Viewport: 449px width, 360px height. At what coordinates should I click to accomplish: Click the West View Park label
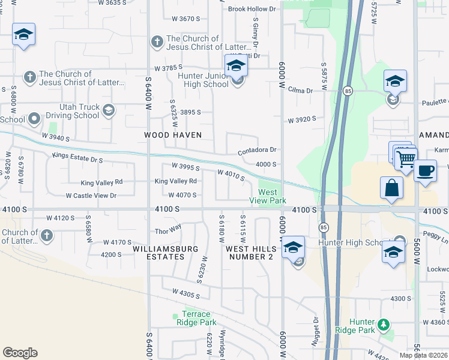pos(268,196)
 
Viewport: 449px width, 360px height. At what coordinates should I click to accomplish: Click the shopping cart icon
pos(406,158)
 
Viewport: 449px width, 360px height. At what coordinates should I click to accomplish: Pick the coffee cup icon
pos(425,170)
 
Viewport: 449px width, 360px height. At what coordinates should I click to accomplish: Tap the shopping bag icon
pos(391,187)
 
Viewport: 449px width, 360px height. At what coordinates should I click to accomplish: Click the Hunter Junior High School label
pos(203,80)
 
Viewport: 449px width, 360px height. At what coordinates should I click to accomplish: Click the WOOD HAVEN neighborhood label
pos(173,135)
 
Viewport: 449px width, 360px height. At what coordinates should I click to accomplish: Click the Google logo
pos(20,353)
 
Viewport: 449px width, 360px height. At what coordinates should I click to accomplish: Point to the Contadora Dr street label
pos(257,150)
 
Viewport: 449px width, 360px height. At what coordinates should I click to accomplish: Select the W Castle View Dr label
pos(90,196)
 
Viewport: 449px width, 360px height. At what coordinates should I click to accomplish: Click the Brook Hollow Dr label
pos(252,9)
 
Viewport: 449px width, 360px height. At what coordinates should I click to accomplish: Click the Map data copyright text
pos(424,355)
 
